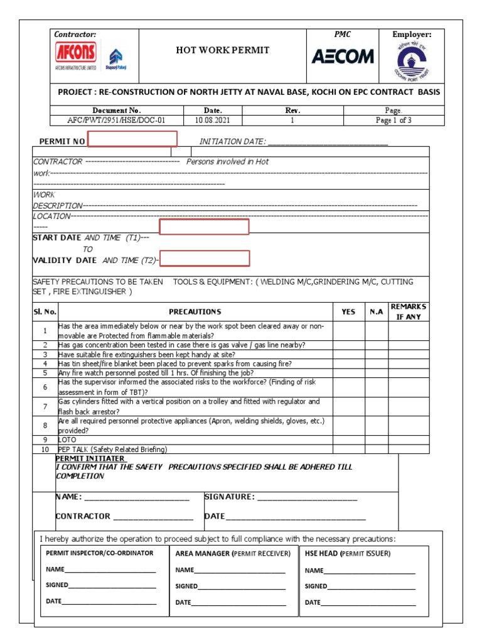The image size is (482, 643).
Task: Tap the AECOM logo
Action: click(343, 57)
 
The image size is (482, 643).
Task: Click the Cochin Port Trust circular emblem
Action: click(413, 62)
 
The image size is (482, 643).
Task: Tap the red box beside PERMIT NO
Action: click(132, 139)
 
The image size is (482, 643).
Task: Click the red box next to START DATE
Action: click(204, 227)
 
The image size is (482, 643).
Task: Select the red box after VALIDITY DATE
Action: click(205, 258)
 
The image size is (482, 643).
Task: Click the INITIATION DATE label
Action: click(232, 142)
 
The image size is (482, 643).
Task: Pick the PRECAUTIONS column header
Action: click(195, 312)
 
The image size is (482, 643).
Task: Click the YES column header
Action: click(348, 312)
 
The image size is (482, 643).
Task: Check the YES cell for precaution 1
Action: click(348, 331)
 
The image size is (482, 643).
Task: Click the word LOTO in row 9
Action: click(67, 440)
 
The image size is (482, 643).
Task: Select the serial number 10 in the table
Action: click(45, 450)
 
